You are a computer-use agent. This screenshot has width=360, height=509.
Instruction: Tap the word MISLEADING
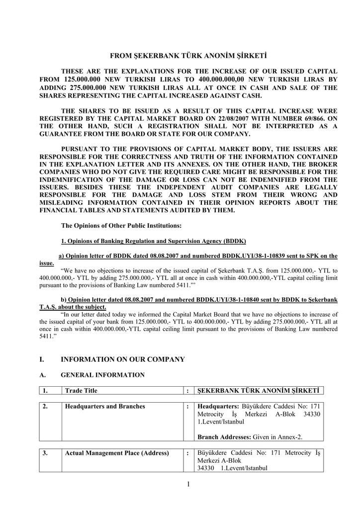point(64,203)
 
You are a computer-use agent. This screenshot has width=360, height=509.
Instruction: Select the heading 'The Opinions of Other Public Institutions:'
point(121,226)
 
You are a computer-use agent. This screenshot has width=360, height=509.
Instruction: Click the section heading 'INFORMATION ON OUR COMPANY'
point(122,359)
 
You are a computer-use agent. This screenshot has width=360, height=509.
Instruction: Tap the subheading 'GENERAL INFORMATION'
point(102,375)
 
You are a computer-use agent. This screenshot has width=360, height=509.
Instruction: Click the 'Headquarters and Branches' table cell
point(105,407)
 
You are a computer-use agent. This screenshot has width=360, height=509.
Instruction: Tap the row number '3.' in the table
point(45,453)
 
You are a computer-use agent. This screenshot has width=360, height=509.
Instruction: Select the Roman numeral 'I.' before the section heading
point(42,359)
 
